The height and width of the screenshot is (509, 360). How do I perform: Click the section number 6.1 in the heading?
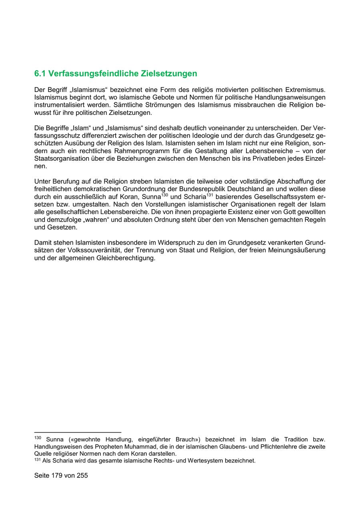41,74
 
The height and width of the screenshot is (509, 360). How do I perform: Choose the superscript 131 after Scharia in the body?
210,194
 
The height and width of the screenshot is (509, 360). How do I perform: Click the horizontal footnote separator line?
78,432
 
